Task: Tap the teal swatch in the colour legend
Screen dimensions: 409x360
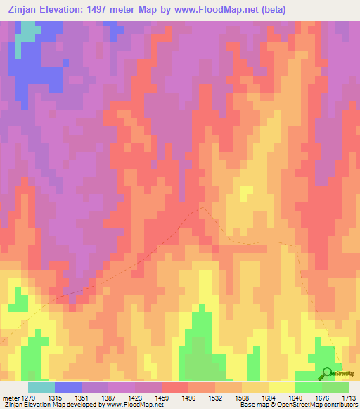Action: [x=41, y=387]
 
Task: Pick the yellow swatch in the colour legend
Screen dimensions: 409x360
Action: [x=282, y=387]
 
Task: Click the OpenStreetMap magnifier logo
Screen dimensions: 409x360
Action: [x=327, y=373]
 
